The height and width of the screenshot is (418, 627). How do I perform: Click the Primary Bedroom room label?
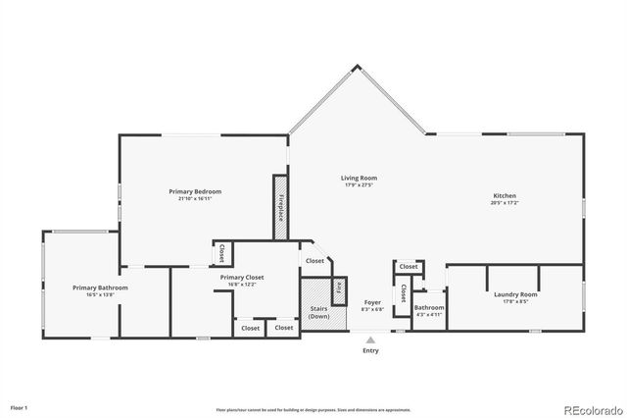pos(195,190)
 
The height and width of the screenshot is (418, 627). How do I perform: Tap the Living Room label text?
pos(359,178)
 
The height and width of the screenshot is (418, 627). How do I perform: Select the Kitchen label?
pos(505,196)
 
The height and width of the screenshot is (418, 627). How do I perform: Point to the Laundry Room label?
pos(514,294)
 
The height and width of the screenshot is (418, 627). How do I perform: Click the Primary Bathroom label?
pos(100,287)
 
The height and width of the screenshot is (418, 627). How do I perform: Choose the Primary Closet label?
pos(241,278)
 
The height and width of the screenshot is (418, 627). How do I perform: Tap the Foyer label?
pos(372,302)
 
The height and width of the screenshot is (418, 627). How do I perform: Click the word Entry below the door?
pos(370,350)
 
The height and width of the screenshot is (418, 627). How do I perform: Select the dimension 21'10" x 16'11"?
pos(195,198)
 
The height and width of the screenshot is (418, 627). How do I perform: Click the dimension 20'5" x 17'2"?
pos(505,204)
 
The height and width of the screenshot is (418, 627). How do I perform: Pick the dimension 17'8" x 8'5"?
pos(514,302)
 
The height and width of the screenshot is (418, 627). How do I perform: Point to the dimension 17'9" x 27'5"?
pos(359,185)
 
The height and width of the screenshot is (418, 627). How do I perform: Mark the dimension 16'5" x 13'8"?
pos(100,295)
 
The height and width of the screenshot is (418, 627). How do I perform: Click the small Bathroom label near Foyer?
pos(428,307)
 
